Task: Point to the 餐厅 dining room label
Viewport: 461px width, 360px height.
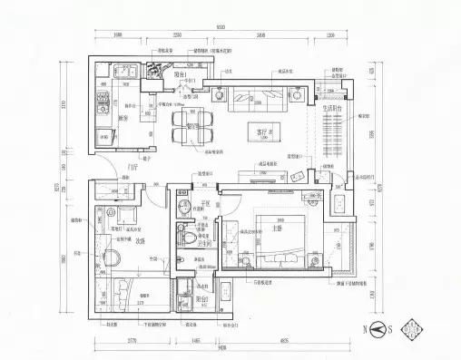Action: (x=191, y=128)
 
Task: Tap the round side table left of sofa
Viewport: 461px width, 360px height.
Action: (x=221, y=92)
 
